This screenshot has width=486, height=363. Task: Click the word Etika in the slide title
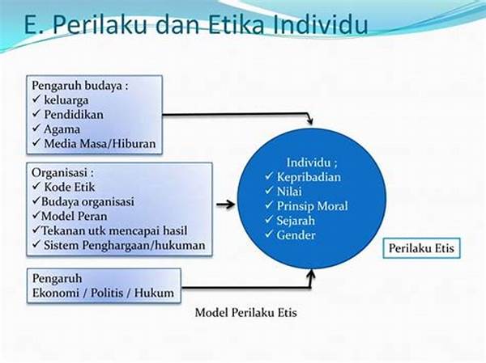236,24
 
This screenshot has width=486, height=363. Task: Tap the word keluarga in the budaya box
66,100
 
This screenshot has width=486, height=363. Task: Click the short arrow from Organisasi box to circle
226,205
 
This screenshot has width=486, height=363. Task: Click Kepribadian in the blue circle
309,177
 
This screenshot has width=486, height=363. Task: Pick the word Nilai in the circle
289,192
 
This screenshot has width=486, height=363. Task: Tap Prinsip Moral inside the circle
312,206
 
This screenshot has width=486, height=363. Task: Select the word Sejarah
296,221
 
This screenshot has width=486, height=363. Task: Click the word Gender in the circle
296,235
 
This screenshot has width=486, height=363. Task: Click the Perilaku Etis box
421,248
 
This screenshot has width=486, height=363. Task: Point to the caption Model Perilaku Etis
245,313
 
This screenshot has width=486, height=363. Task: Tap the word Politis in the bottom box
107,293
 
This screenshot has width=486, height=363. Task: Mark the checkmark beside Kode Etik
36,186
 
